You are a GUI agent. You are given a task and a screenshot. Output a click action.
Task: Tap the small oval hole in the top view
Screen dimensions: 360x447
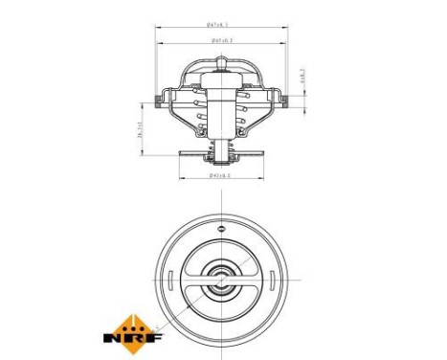222,230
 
